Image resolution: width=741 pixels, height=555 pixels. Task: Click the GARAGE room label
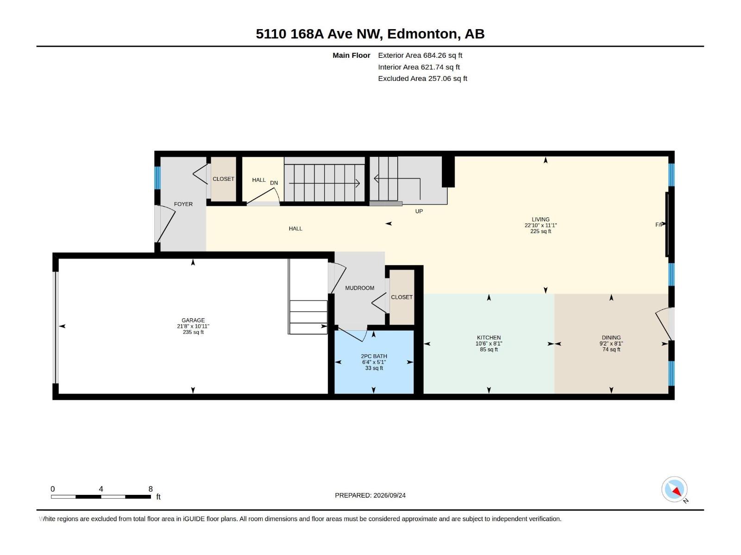193,320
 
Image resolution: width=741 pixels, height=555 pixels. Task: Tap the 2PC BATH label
374,356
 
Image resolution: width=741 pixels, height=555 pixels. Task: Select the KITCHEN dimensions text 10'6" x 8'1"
489,344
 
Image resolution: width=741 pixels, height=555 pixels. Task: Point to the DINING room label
611,338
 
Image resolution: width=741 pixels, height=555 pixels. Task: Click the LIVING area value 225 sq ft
540,232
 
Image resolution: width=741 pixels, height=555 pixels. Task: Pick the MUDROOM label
359,288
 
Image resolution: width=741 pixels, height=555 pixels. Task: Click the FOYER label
183,204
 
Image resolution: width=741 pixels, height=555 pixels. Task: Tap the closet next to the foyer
224,179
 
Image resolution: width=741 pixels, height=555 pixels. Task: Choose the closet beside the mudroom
402,297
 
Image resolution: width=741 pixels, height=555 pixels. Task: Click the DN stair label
274,183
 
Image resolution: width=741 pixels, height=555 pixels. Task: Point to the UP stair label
419,211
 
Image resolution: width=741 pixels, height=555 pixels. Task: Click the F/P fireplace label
659,225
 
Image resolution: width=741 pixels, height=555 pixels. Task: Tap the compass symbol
674,489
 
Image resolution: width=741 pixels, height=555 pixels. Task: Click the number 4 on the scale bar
101,489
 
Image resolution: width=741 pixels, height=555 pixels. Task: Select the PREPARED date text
370,495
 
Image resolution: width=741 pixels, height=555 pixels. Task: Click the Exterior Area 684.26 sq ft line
420,55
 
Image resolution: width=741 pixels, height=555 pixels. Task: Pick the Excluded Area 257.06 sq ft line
422,79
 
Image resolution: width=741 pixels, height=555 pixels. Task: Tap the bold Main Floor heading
352,55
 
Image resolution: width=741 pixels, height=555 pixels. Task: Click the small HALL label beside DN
259,180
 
